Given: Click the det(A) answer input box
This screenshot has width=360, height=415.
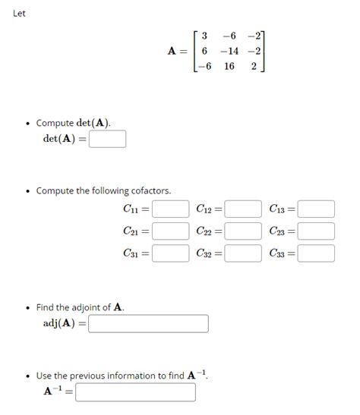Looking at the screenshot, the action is (107, 140).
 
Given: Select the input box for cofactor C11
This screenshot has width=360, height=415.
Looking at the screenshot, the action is (170, 209).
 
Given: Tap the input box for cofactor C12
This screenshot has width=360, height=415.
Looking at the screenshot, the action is (243, 209).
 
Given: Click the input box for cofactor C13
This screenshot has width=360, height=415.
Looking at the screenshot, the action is (316, 209).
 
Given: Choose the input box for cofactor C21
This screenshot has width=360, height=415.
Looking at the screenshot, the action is (170, 231).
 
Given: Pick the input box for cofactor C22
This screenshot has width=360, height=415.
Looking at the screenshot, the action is (243, 231).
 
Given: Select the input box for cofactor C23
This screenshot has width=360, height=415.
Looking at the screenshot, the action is (316, 231).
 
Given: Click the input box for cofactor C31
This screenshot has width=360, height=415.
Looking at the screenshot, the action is (170, 253).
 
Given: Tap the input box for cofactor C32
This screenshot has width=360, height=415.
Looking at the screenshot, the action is (243, 253).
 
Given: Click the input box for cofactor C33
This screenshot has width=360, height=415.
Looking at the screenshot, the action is (316, 253).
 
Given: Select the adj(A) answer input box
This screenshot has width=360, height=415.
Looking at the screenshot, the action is (149, 324).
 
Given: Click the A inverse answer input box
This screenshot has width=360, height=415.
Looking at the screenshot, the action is (135, 392).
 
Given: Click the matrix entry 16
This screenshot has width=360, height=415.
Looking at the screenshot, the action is (229, 66).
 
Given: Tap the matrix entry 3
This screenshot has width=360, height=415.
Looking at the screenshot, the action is (204, 36).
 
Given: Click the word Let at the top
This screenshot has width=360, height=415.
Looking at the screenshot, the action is (19, 13).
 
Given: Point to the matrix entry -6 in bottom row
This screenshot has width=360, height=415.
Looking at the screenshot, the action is (203, 66).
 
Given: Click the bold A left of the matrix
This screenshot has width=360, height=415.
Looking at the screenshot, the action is (172, 51).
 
